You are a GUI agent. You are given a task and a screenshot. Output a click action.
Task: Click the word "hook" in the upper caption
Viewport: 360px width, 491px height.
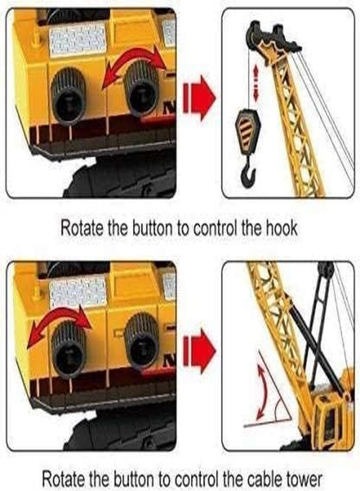(x=281, y=229)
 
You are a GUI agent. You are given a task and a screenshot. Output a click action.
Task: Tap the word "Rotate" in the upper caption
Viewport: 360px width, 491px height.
(x=81, y=229)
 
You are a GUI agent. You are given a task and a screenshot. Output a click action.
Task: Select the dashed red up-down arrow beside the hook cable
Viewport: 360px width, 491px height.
(x=256, y=83)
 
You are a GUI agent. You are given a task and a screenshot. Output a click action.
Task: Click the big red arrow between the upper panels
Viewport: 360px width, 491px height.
(x=199, y=98)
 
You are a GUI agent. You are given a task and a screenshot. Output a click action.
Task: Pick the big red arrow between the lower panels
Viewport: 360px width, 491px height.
(x=199, y=351)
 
